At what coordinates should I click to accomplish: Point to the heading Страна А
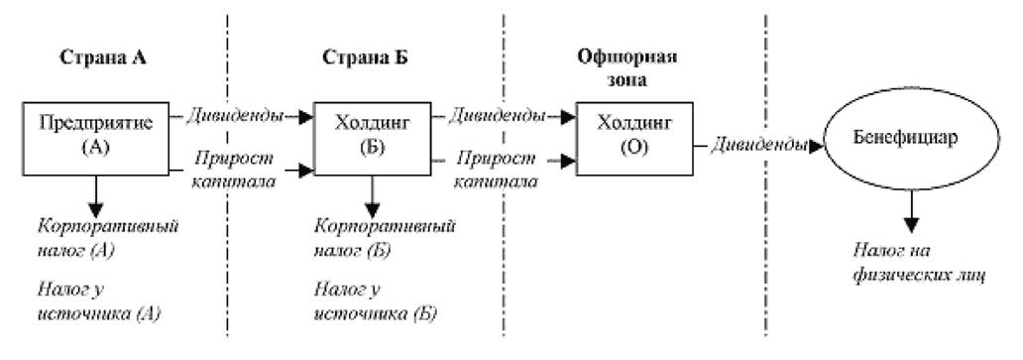(x=103, y=58)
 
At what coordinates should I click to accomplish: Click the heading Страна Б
(x=366, y=58)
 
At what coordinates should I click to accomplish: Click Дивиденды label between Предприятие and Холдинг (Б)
(x=235, y=117)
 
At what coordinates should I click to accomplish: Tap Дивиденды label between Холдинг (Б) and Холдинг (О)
(x=498, y=117)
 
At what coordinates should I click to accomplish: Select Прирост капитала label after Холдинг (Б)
(x=498, y=170)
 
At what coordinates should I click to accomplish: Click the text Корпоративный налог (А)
(x=108, y=238)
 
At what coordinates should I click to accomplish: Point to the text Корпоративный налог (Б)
(x=385, y=238)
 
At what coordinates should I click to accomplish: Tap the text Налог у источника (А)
(x=99, y=301)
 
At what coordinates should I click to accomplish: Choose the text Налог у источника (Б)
(x=376, y=301)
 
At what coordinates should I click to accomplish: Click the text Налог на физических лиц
(x=919, y=264)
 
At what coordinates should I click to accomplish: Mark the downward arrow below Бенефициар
(x=911, y=210)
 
